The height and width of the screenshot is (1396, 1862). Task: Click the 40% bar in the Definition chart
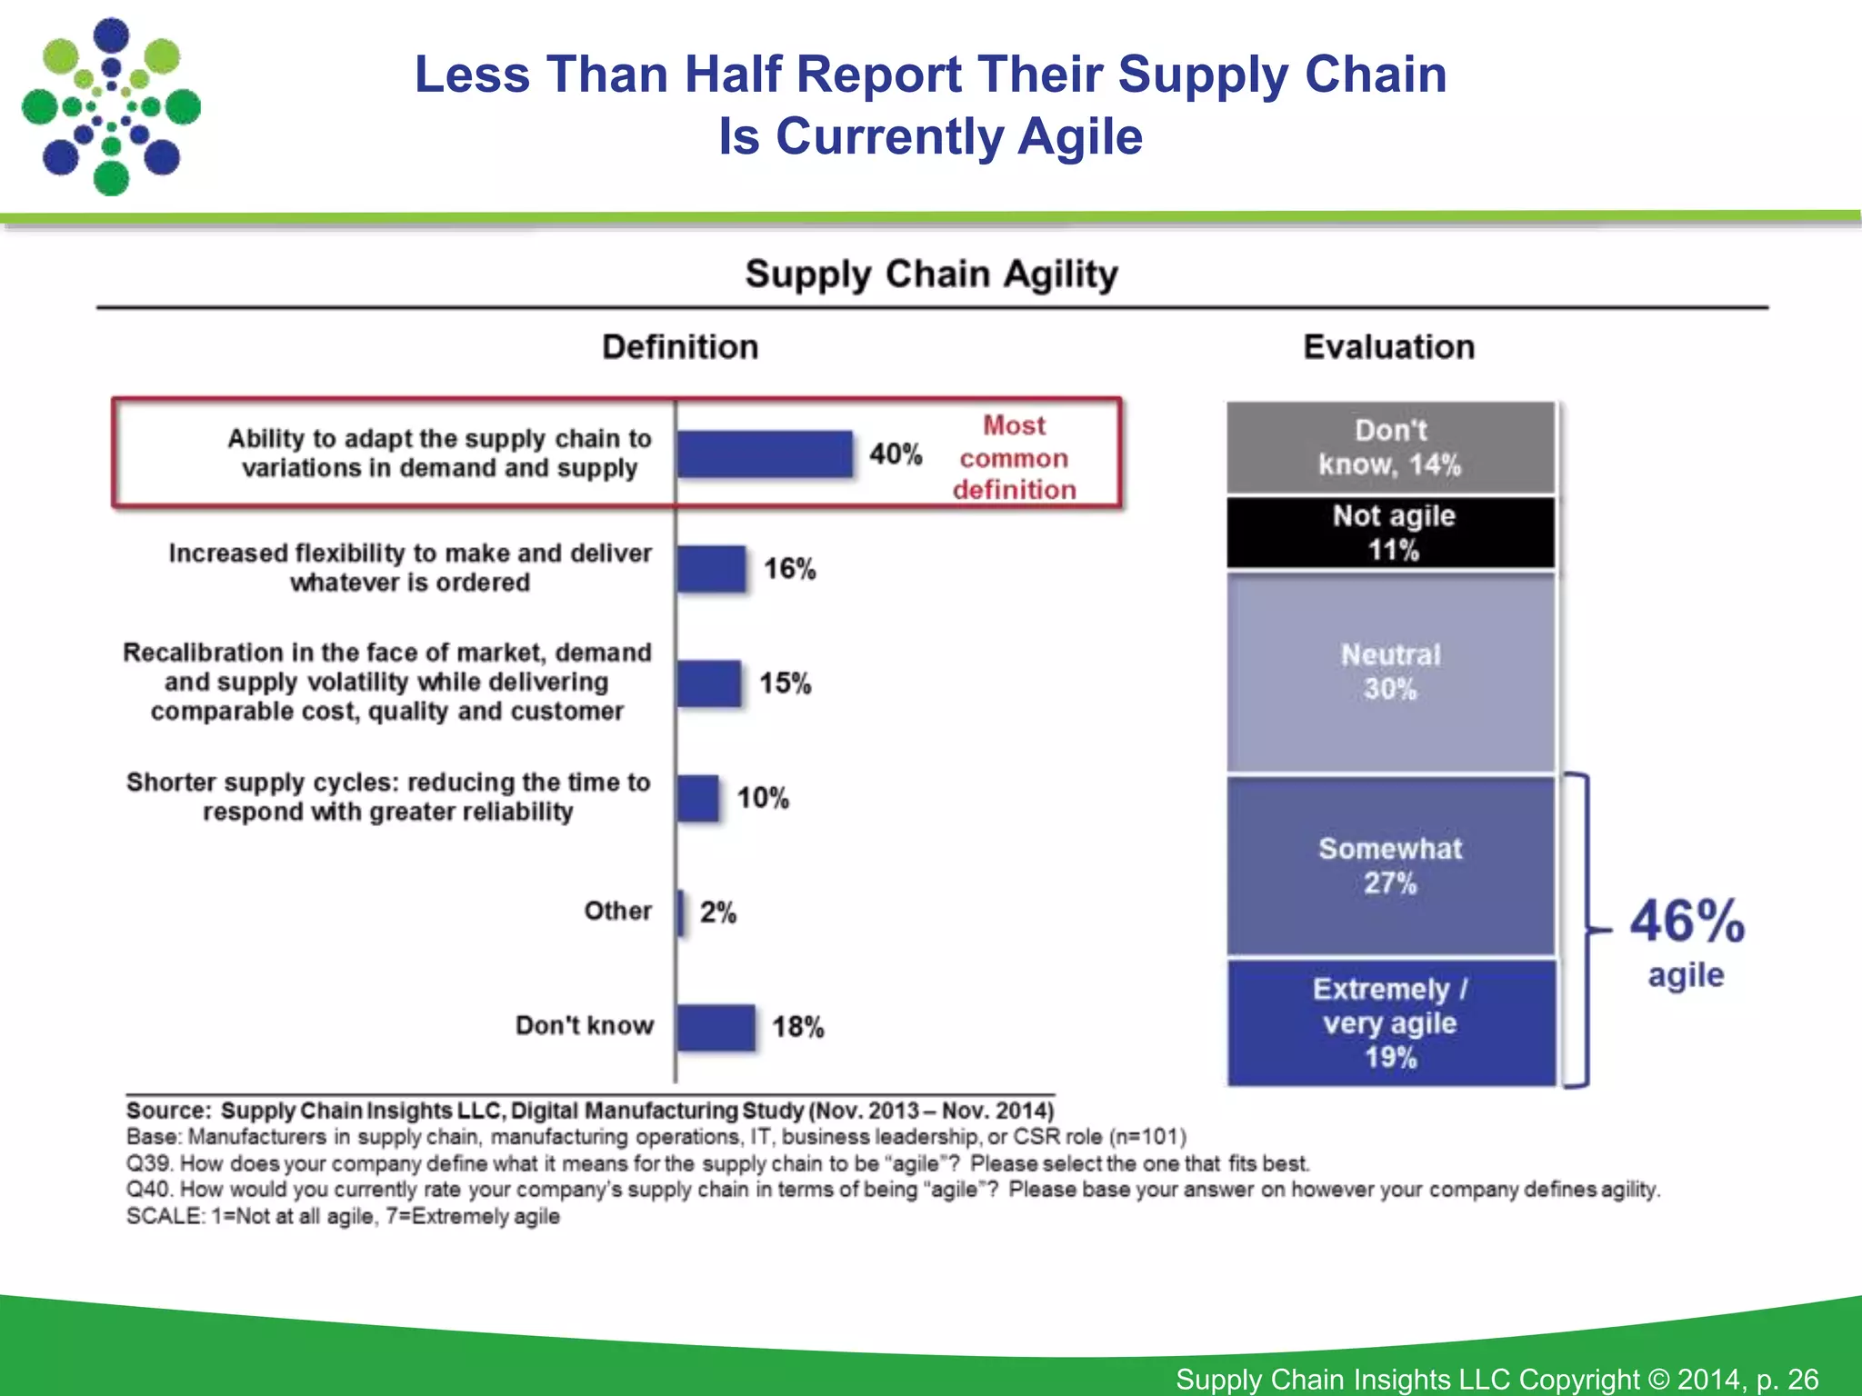765,454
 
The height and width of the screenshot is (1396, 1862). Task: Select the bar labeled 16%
712,569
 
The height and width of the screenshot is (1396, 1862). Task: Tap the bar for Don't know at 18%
716,1028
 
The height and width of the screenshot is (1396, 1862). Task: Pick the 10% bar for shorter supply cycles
698,798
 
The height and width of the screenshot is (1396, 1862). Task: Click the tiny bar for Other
681,912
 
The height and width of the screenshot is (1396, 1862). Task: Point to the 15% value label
786,683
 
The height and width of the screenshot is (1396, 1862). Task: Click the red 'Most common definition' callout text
1014,458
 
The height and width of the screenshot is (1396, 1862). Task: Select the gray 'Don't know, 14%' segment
1390,447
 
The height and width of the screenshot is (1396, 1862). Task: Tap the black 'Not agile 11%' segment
1390,533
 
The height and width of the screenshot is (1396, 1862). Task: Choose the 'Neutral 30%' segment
1390,673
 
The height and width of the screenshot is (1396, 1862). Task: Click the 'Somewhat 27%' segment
1390,865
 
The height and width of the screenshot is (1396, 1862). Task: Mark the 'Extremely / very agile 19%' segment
1390,1022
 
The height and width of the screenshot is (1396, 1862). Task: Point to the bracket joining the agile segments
1586,930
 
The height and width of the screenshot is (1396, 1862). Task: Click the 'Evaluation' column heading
1388,347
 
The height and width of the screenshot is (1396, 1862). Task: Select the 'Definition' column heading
680,347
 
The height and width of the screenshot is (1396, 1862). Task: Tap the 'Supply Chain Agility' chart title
931,274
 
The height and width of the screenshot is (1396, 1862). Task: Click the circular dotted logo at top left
111,106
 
